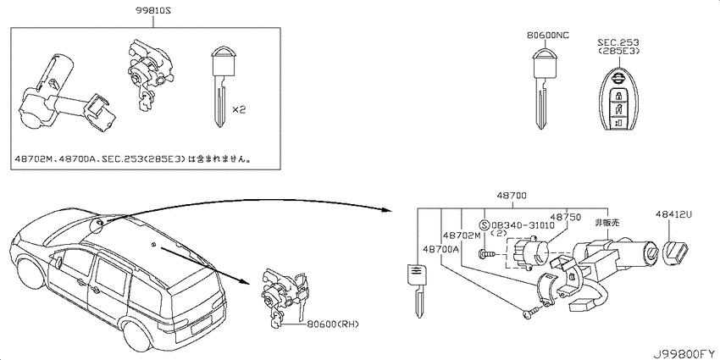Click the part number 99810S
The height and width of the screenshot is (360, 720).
pos(152,10)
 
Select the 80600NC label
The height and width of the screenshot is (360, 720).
pos(548,35)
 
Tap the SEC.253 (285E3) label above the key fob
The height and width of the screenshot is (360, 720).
pos(618,47)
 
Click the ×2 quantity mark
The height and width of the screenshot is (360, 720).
pos(239,110)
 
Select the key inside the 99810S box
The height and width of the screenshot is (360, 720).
pos(222,86)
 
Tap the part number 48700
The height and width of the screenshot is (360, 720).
pos(511,196)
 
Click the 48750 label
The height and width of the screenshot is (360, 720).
pos(566,216)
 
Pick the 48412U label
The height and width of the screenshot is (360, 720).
pos(673,214)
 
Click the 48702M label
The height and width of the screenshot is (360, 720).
pos(461,235)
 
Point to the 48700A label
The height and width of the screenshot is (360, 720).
pos(440,248)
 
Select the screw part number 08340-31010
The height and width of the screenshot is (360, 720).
pos(522,225)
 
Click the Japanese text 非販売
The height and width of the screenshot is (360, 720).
pos(607,223)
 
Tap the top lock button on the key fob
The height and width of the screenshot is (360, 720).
pos(619,97)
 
